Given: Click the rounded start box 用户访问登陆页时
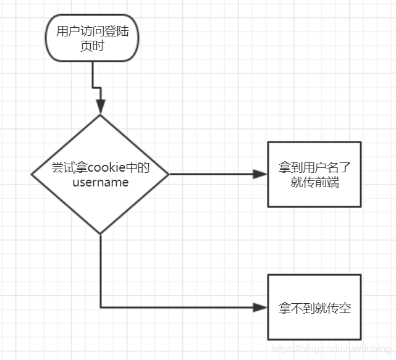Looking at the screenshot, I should click(x=92, y=38).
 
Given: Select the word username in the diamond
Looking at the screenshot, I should click(x=100, y=182).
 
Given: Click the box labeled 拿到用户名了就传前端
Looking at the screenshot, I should click(x=314, y=174).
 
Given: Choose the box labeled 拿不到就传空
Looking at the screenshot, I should click(x=314, y=307).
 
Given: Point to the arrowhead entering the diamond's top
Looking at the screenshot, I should click(x=100, y=107).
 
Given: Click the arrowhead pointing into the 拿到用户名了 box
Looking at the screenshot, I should click(x=261, y=174).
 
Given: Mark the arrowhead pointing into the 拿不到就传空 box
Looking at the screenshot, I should click(x=261, y=307).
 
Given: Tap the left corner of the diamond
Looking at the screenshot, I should click(x=33, y=175).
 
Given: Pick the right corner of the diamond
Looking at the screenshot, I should click(x=168, y=174).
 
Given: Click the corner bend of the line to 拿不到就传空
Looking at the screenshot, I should click(x=101, y=307).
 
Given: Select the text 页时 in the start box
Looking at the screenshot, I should click(x=92, y=46).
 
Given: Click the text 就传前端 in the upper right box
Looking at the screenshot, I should click(x=314, y=182).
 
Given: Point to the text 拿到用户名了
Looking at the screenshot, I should click(x=314, y=167).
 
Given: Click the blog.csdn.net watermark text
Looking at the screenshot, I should click(x=333, y=350).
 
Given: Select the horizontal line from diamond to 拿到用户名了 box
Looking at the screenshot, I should click(x=210, y=174).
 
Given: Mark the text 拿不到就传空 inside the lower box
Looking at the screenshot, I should click(x=314, y=308).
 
